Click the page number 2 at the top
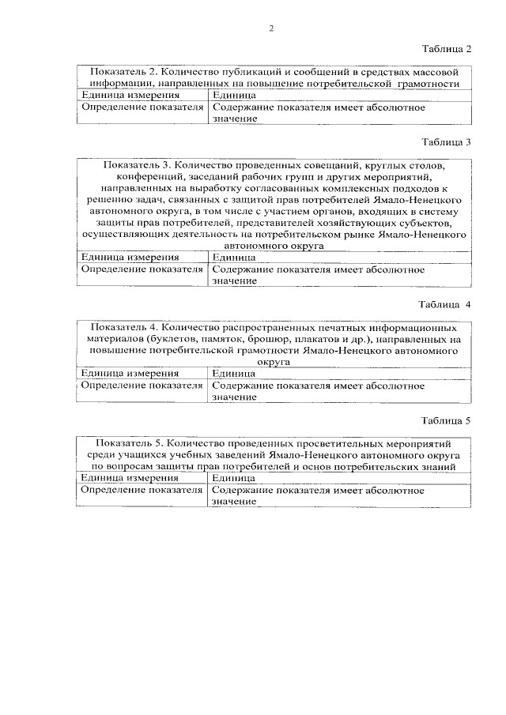pos(270,28)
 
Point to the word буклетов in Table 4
pos(180,339)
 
